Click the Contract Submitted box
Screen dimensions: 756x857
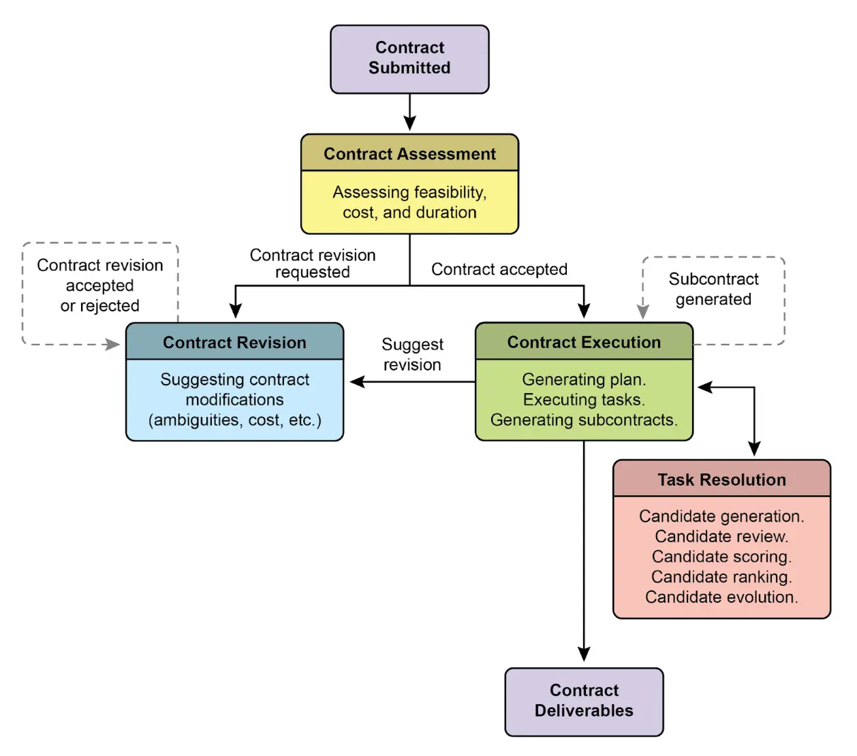tap(409, 59)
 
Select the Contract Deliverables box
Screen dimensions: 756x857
tap(584, 701)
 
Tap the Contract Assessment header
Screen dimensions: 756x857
tap(409, 153)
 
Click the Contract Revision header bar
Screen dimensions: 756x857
tap(234, 342)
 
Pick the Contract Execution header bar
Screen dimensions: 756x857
tap(584, 342)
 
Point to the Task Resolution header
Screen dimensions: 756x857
tap(721, 479)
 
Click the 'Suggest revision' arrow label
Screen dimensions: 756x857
tap(412, 354)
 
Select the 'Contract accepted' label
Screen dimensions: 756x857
tap(499, 269)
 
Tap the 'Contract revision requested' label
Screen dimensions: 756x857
tap(313, 263)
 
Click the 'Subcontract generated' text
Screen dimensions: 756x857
tap(713, 289)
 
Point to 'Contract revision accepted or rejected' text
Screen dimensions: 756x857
tap(100, 285)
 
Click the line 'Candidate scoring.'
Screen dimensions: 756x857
tap(721, 556)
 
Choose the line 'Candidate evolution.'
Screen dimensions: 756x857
tap(721, 597)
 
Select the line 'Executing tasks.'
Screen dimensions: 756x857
tap(584, 399)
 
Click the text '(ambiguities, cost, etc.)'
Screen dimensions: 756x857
tap(234, 420)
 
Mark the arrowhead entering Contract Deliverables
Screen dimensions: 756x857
tap(584, 654)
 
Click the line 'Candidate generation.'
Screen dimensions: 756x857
tap(721, 516)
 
